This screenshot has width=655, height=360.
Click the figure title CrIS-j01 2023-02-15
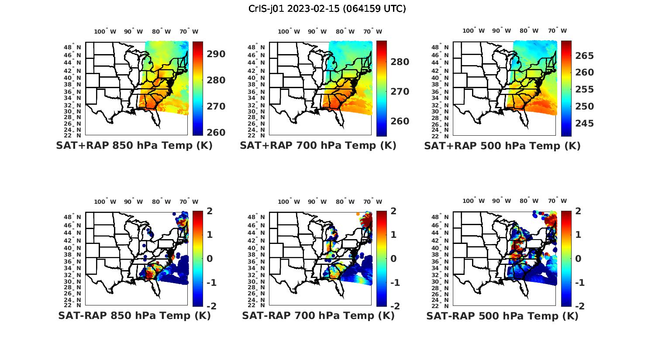click(x=327, y=8)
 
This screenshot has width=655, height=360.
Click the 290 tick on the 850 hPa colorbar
click(x=216, y=54)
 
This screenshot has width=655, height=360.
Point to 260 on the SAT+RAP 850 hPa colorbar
click(x=216, y=132)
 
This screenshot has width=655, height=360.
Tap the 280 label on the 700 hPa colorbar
click(x=400, y=62)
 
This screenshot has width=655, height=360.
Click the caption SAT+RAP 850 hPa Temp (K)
click(x=134, y=145)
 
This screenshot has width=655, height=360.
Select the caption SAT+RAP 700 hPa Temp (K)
click(x=318, y=145)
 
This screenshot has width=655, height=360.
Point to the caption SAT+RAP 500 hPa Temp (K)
click(x=502, y=146)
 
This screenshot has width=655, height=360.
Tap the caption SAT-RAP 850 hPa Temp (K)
click(x=134, y=315)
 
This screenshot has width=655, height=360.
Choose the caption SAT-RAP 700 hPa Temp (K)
click(x=318, y=315)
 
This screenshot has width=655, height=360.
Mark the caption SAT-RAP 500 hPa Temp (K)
click(x=502, y=316)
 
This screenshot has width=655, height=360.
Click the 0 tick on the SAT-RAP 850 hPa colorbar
click(x=209, y=258)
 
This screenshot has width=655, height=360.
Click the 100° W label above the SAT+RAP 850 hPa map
click(x=105, y=31)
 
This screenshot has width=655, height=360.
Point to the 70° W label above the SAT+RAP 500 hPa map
click(x=557, y=31)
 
